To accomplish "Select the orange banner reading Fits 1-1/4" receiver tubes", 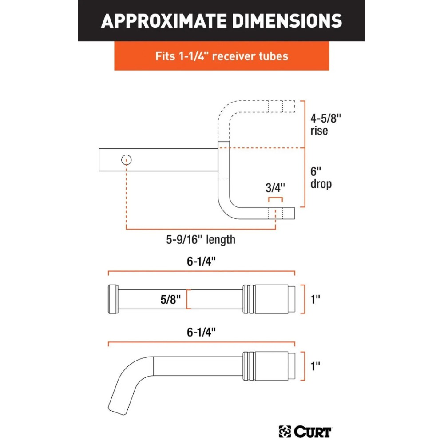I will pos(222,56).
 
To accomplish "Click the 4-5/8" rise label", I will pos(326,124).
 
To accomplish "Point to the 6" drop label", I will pos(321,177).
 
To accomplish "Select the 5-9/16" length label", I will pos(201,240).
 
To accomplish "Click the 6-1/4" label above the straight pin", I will pos(201,261).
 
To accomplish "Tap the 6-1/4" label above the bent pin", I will pos(201,332).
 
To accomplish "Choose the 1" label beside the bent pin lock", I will pos(315,366).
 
